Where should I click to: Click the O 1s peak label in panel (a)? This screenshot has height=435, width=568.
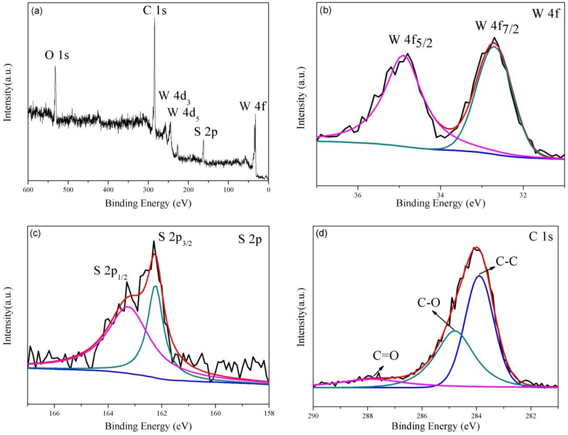(x=57, y=55)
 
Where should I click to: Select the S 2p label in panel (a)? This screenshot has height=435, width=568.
(x=206, y=132)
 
